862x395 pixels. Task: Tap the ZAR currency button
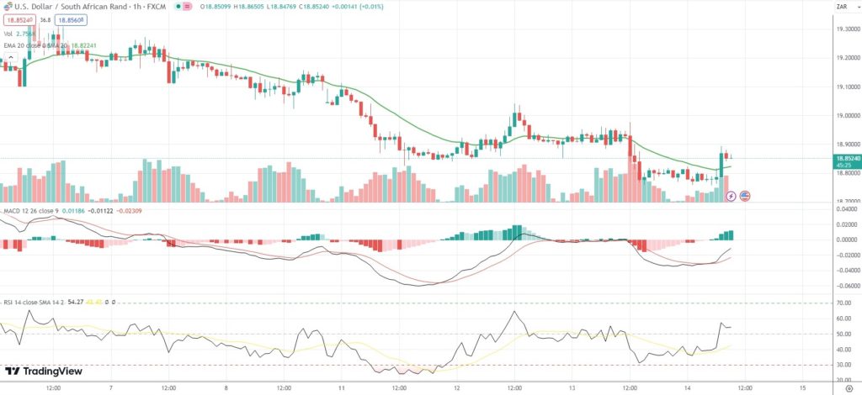pyautogui.click(x=840, y=7)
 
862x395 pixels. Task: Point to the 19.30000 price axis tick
pyautogui.click(x=845, y=29)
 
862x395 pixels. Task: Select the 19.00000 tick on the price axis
pyautogui.click(x=845, y=115)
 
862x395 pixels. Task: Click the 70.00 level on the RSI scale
pyautogui.click(x=842, y=303)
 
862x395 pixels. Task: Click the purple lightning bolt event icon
pyautogui.click(x=731, y=196)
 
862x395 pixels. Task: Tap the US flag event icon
pyautogui.click(x=744, y=196)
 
